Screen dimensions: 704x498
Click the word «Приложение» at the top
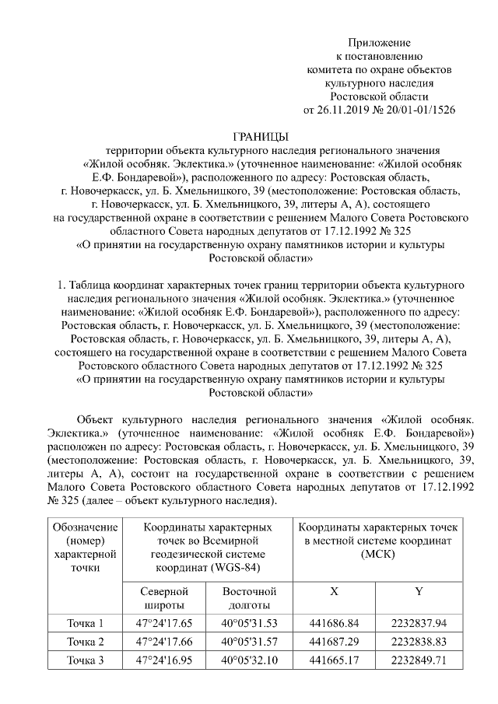pos(378,42)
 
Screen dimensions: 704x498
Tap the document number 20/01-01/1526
pos(422,110)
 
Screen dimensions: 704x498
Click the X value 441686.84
pos(334,622)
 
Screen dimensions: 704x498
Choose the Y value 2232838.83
pos(419,642)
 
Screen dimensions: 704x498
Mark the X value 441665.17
pos(334,661)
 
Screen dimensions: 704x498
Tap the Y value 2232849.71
pos(419,661)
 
